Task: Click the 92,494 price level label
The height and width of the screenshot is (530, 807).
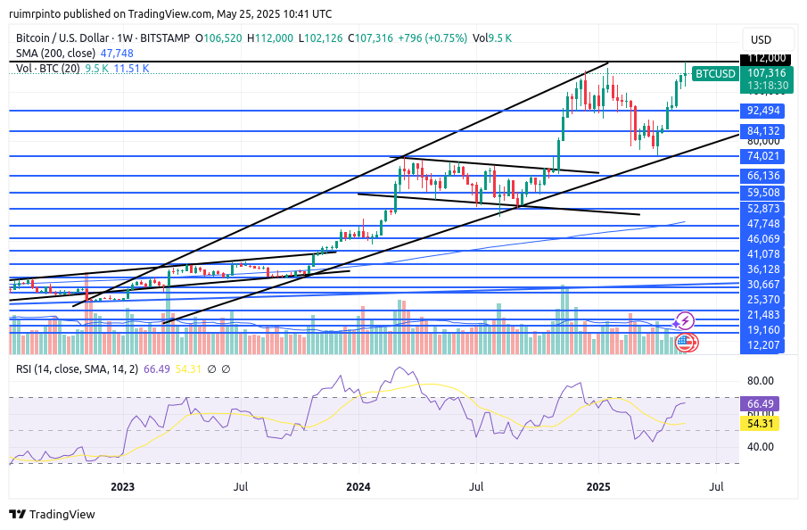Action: (x=763, y=111)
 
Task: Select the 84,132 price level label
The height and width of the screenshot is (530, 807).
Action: (x=763, y=131)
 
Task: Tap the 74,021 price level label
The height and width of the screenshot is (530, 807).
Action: (x=763, y=156)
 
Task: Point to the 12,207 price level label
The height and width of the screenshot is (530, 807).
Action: (x=763, y=344)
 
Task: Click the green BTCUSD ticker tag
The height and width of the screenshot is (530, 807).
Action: (x=715, y=73)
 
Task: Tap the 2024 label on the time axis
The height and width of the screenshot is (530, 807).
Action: (x=358, y=486)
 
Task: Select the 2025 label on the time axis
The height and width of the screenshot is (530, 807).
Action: (x=597, y=486)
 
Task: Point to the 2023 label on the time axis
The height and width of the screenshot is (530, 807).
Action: (x=122, y=486)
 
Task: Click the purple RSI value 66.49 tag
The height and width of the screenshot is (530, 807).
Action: (x=763, y=403)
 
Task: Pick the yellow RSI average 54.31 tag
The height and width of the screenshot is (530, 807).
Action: (x=763, y=423)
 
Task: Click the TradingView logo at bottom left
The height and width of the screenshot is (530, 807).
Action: (x=52, y=514)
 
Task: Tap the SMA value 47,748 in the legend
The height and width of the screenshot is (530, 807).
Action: (x=116, y=54)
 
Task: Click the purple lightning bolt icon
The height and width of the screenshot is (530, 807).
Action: (x=685, y=320)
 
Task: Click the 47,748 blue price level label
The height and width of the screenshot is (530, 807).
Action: (x=763, y=224)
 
